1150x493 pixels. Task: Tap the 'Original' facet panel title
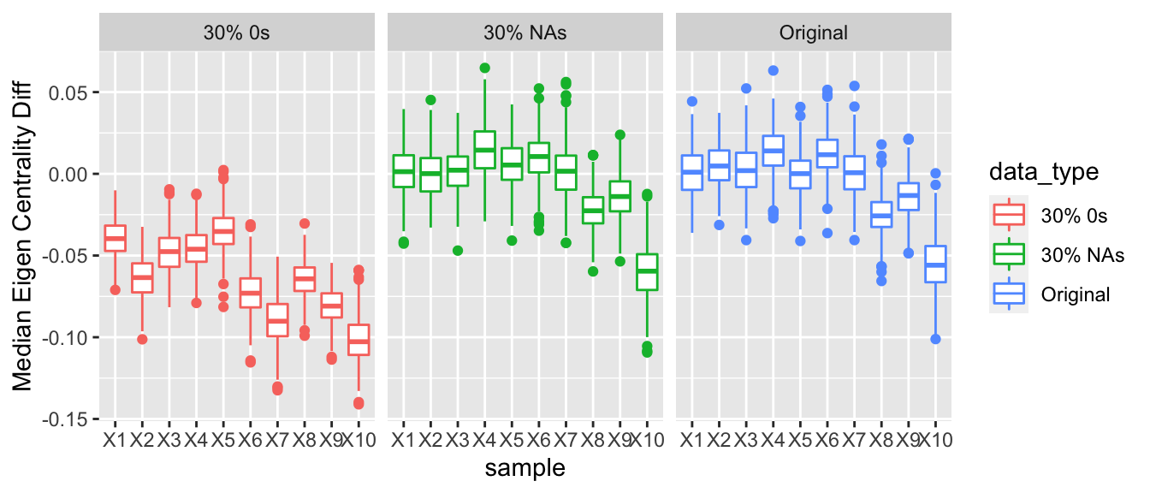tap(813, 33)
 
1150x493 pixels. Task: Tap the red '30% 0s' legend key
tap(1010, 216)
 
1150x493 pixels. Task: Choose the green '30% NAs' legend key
tap(1010, 254)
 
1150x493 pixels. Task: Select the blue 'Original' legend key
tap(1010, 294)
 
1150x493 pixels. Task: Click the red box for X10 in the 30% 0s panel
tap(359, 340)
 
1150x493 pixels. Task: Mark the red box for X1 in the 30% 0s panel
tap(115, 238)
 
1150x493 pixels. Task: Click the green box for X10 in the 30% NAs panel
tap(647, 272)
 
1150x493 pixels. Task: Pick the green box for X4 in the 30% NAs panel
tap(484, 150)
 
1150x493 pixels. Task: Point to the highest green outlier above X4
tap(484, 68)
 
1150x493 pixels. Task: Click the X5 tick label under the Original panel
tap(800, 441)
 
